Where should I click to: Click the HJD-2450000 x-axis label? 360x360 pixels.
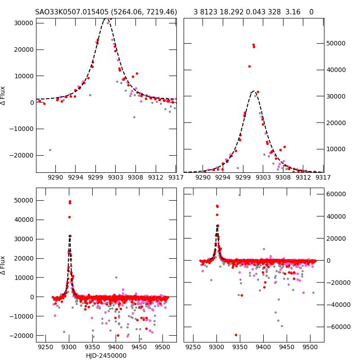point(106,355)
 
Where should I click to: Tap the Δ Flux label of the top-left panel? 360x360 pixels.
point(4,95)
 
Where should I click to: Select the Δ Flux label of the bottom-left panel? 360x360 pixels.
point(4,265)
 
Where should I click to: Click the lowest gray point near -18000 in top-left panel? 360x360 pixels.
point(50,150)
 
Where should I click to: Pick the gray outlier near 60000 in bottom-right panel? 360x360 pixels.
point(239,195)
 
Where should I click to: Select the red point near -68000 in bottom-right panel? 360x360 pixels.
point(236,335)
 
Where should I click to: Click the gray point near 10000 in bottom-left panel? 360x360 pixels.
point(116,278)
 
